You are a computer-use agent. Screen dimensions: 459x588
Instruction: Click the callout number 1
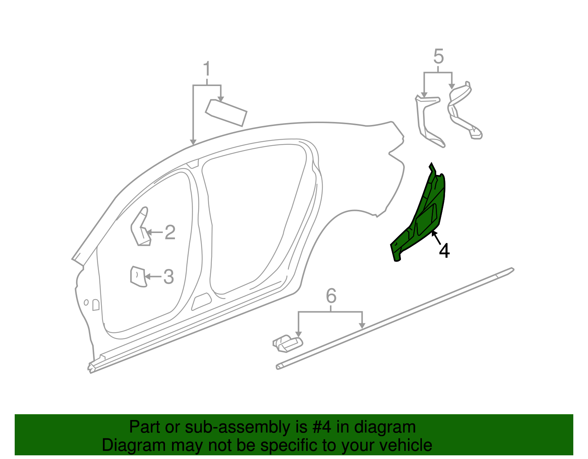click(x=207, y=69)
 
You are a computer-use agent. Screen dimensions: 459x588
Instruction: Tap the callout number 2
click(x=170, y=232)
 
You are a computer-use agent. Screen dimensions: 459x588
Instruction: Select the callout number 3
click(x=168, y=277)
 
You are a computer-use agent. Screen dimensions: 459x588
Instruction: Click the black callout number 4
click(x=444, y=251)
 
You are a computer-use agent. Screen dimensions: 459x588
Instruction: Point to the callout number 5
click(x=438, y=57)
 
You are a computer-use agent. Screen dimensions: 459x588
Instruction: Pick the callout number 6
click(x=331, y=296)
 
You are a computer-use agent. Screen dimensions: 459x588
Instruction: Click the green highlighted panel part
click(x=423, y=217)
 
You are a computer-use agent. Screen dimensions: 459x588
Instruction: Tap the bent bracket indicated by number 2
click(x=140, y=228)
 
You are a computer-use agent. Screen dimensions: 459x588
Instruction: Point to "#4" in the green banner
click(x=322, y=427)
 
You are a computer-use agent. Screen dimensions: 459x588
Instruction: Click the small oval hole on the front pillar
click(x=86, y=302)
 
